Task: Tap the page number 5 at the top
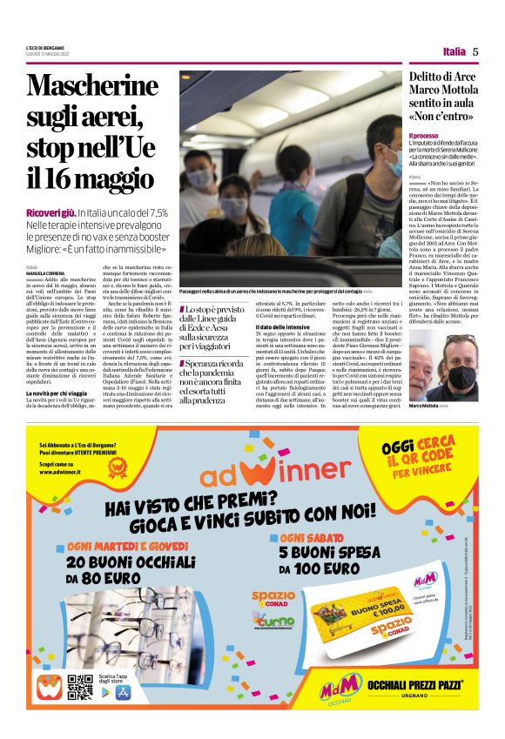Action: tap(475, 51)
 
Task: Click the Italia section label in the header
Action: tap(454, 51)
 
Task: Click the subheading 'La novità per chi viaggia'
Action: tap(58, 394)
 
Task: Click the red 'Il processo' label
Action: tap(424, 137)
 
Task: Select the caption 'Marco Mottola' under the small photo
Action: tap(425, 406)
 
